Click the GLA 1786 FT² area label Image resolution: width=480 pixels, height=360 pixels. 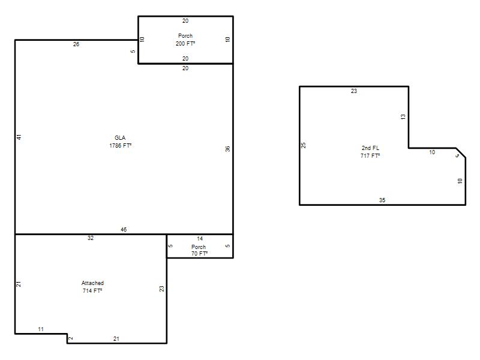point(121,142)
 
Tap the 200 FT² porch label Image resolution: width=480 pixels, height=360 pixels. point(185,40)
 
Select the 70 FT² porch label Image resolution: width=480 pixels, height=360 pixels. point(199,250)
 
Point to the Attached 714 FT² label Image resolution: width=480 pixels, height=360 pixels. point(92,287)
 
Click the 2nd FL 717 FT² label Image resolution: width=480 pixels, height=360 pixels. point(370,152)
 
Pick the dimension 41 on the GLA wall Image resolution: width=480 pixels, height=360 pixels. point(19,137)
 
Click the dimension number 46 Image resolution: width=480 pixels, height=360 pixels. point(124,229)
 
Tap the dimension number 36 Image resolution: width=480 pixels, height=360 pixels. point(227,149)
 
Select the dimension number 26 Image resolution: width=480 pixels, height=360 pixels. point(76,44)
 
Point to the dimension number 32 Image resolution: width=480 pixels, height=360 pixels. point(91,238)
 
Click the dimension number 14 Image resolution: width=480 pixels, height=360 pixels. point(200,238)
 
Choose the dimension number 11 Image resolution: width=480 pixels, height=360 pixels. point(41,329)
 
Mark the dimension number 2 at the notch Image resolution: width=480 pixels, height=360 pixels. point(71,338)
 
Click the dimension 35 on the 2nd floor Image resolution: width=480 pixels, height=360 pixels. point(382,200)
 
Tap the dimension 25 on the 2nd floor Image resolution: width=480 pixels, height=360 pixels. point(304,145)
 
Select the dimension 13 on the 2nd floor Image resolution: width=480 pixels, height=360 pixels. point(403,116)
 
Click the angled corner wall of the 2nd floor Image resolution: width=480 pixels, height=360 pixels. point(461,153)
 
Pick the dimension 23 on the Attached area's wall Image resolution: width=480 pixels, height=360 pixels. point(161,289)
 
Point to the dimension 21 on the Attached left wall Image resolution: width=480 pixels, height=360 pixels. point(19,284)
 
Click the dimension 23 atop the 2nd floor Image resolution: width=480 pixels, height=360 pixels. point(354,91)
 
